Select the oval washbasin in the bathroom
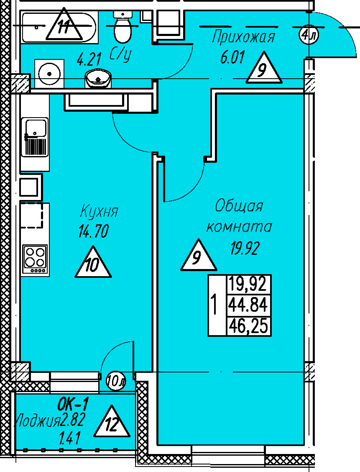(99, 78)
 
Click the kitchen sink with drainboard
(35, 137)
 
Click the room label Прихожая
(243, 37)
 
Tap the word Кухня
(99, 211)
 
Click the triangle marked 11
(64, 26)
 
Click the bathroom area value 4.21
(89, 59)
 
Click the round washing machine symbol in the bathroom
(50, 74)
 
